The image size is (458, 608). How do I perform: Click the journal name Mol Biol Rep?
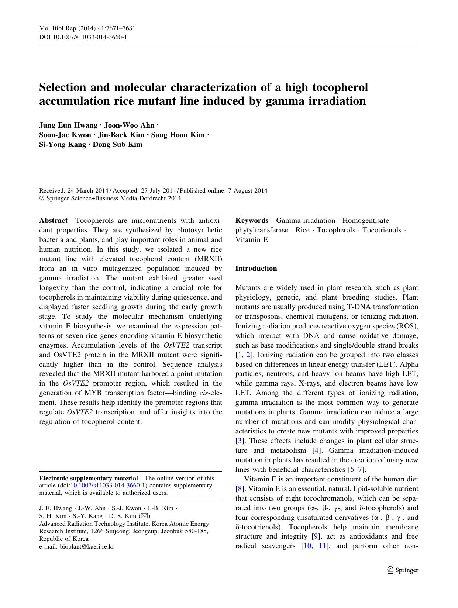pos(55,28)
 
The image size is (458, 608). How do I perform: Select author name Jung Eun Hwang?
pos(68,125)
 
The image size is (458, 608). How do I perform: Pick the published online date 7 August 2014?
pos(247,191)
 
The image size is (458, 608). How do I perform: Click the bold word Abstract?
pos(54,221)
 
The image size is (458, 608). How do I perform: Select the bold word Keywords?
pos(252,221)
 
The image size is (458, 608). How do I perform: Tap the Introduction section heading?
pos(256,269)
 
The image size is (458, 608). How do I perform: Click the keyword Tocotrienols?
pos(382,230)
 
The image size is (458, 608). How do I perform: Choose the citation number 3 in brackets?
pos(239,441)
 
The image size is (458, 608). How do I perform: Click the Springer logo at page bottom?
pos(403,570)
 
